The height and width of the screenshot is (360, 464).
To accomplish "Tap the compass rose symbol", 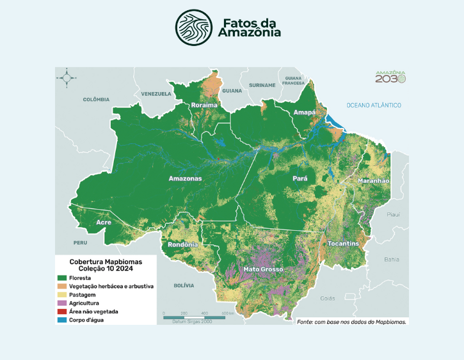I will pos(67,78).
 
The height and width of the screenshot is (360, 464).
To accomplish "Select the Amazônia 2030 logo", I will pos(390,77).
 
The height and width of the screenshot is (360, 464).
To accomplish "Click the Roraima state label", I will pos(204,105).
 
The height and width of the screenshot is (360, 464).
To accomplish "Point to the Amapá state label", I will pos(304,113).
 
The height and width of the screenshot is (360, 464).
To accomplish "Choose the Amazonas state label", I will pos(185,178).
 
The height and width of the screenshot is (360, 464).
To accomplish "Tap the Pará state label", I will pos(300,178).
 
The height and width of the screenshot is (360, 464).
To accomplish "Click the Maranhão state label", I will pos(373,181).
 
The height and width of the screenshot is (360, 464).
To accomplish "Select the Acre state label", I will pos(103,222).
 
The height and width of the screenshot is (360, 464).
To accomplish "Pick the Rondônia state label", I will pos(183,244).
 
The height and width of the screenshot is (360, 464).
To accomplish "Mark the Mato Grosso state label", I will pos(262,269).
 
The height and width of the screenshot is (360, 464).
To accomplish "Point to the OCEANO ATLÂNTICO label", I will pos(373,105).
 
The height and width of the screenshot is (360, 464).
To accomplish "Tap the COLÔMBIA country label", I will pos(96,100).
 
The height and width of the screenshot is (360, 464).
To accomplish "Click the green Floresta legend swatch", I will pos(63,278).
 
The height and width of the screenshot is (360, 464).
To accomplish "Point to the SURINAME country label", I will pos(262,84).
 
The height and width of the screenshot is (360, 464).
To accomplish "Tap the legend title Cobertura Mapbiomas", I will pos(106,262).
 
